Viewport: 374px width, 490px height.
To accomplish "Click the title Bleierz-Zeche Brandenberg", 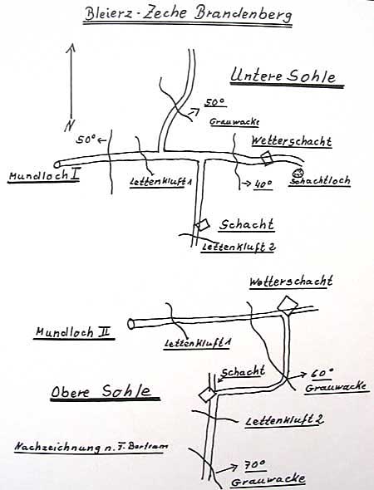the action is [x=188, y=14].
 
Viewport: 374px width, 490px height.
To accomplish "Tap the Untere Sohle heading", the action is [x=283, y=76].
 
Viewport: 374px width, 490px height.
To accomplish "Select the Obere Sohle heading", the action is [x=101, y=391].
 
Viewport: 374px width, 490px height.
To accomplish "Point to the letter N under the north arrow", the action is [x=70, y=125].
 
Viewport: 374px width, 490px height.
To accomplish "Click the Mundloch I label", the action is [x=44, y=175].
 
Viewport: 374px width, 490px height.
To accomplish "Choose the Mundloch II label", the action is [x=73, y=332].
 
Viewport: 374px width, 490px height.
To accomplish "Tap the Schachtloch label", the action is [x=320, y=180].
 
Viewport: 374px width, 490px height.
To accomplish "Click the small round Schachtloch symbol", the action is [x=298, y=173].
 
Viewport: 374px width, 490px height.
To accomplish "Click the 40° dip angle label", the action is [x=263, y=184].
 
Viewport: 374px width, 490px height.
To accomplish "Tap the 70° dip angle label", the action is [x=255, y=466].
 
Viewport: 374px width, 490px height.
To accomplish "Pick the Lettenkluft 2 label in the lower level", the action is [x=239, y=247].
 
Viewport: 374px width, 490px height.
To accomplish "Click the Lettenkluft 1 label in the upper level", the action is [x=197, y=343].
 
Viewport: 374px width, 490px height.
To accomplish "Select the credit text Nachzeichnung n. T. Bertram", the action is [x=91, y=447].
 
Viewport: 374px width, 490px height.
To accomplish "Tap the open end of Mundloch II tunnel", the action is [x=130, y=324].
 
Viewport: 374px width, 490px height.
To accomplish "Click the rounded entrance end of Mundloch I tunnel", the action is [x=57, y=164].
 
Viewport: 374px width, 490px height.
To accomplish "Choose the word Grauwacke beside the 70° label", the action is [x=268, y=480].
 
